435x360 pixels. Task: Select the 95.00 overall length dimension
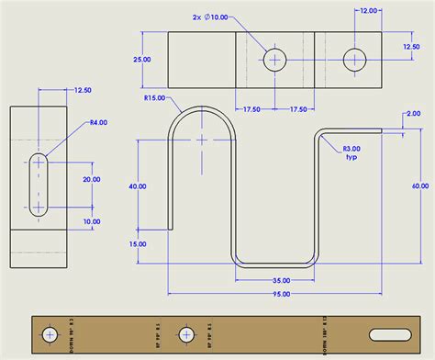pyautogui.click(x=280, y=294)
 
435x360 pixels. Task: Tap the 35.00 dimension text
pyautogui.click(x=280, y=280)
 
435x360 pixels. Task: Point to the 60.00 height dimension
pyautogui.click(x=419, y=186)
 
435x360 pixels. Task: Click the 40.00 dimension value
pyautogui.click(x=138, y=186)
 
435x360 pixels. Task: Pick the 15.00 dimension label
pyautogui.click(x=138, y=244)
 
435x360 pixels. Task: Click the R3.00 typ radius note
pyautogui.click(x=351, y=152)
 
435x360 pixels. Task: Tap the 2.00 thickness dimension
pyautogui.click(x=414, y=114)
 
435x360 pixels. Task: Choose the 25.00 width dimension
pyautogui.click(x=142, y=60)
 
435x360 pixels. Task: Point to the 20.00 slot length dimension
pyautogui.click(x=92, y=180)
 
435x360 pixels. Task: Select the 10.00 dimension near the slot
pyautogui.click(x=92, y=221)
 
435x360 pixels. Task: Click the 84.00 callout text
pyautogui.click(x=97, y=122)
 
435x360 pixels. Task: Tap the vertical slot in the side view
pyautogui.click(x=39, y=185)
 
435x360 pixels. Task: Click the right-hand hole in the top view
pyautogui.click(x=355, y=60)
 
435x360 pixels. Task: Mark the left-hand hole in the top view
pyautogui.click(x=275, y=60)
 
